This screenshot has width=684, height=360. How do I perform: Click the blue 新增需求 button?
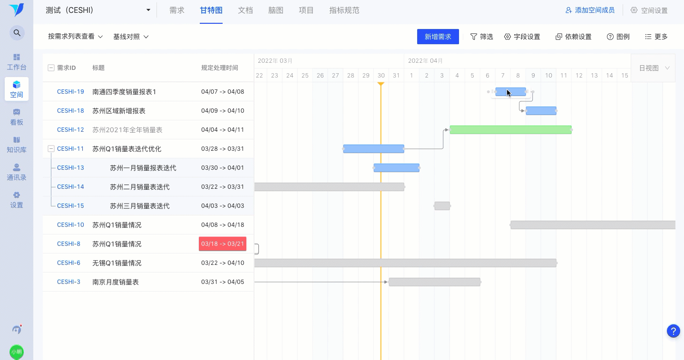(x=438, y=37)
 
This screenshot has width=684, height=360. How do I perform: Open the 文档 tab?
(x=245, y=10)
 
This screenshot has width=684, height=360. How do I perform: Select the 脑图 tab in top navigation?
(x=276, y=10)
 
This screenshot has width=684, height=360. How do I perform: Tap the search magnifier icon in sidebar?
(x=17, y=33)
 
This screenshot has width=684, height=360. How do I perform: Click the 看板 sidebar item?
(x=17, y=117)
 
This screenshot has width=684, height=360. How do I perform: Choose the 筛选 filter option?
(x=481, y=37)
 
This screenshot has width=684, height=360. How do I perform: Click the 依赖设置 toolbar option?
(x=574, y=37)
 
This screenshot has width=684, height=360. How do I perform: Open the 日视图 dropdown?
(x=654, y=68)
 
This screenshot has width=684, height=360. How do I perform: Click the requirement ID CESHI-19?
(x=70, y=92)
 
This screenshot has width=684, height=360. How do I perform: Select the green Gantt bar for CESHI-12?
(x=510, y=130)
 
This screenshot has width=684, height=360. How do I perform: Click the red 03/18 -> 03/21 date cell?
(x=223, y=244)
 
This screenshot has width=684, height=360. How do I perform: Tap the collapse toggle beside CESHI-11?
(x=51, y=149)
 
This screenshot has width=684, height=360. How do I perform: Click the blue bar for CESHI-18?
(x=541, y=111)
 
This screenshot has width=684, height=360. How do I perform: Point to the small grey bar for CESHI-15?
(x=442, y=206)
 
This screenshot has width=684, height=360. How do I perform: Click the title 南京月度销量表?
(x=116, y=282)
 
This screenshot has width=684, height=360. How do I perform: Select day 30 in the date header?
(x=381, y=75)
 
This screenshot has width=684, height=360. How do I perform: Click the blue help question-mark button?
(x=674, y=331)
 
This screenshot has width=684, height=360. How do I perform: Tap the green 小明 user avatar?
(x=17, y=352)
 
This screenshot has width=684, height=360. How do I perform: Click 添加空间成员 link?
(x=590, y=10)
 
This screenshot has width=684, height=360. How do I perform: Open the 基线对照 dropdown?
(x=131, y=37)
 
